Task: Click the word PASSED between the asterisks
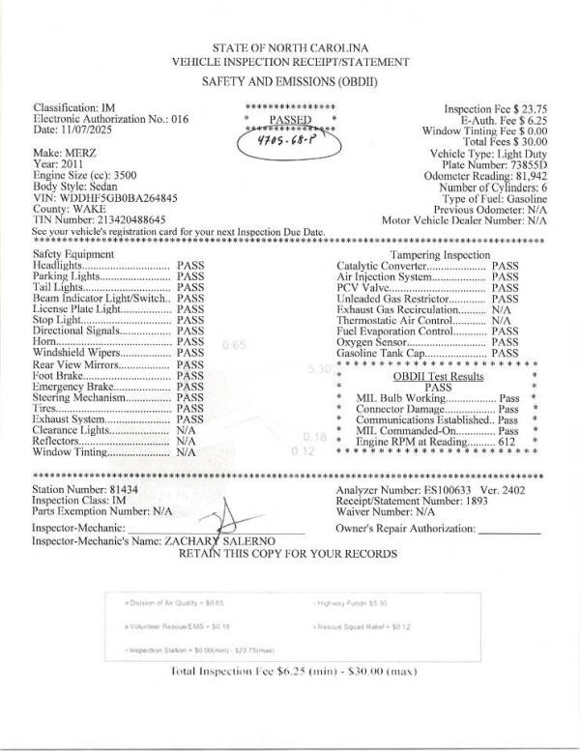click(x=290, y=120)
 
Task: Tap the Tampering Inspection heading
click(x=440, y=253)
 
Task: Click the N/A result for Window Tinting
click(x=187, y=451)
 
